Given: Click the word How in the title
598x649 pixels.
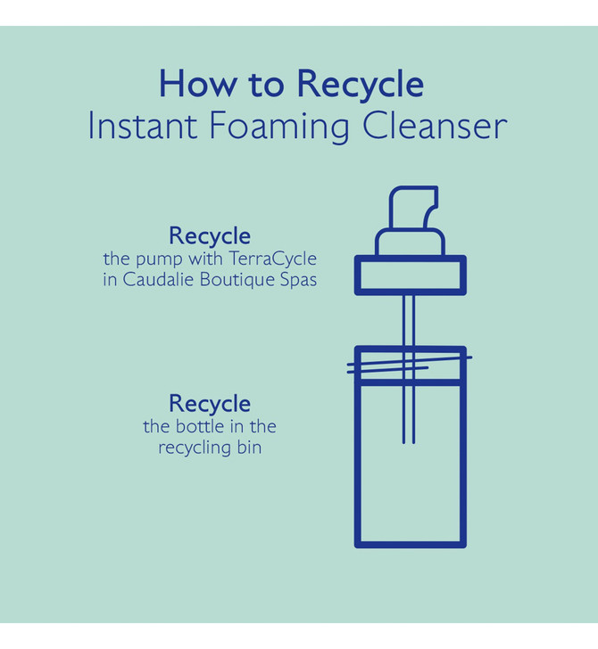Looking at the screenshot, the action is tap(196, 85).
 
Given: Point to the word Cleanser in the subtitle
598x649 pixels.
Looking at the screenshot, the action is tap(435, 126).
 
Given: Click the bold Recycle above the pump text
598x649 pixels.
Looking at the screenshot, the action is tap(210, 237).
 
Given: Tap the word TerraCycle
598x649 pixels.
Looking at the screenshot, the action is tap(272, 259).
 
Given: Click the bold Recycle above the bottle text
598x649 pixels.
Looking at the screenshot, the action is tap(210, 405).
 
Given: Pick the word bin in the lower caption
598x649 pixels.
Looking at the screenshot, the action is tap(250, 448).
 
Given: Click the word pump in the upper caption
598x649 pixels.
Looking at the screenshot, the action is tap(159, 260).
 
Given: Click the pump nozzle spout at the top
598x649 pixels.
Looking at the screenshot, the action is tap(413, 207).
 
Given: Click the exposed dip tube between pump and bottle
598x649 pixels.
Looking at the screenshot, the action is tap(409, 320).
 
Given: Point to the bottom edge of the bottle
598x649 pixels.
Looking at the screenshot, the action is tap(411, 545).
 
